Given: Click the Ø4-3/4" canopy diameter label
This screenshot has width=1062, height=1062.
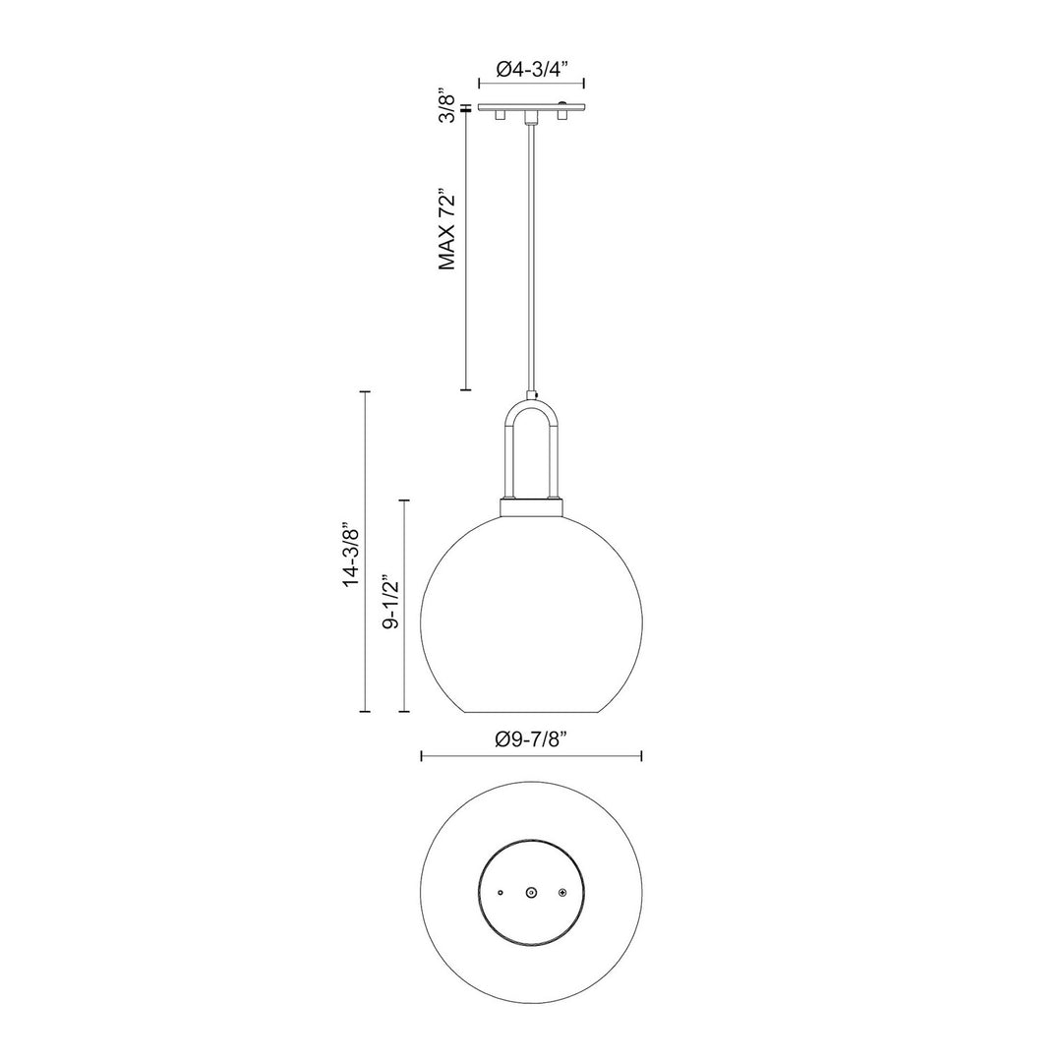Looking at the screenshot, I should pos(531,70).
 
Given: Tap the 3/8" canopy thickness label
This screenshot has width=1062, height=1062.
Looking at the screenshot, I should pos(448,106).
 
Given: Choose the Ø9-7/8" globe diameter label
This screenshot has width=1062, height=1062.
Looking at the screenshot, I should pos(531,738).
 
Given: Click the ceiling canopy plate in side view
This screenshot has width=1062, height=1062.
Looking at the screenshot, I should pos(531,106).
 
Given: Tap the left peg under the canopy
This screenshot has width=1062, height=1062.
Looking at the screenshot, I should pos(500,116).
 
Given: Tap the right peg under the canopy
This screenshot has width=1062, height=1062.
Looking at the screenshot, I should pos(562,116).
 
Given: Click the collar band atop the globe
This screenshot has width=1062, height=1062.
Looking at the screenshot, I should pos(531,508).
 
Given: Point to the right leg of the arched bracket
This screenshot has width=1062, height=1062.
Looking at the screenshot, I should pos(554,452).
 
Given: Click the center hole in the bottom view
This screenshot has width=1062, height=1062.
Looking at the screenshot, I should pos(531,892).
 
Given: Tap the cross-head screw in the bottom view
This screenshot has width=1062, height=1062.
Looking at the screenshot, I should pos(562,892).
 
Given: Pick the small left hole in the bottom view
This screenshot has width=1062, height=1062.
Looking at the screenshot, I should pos(501,892).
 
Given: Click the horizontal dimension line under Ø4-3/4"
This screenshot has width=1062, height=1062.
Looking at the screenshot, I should pos(531,87).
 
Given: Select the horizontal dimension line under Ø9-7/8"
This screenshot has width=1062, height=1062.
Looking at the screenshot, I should pos(531,756).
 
